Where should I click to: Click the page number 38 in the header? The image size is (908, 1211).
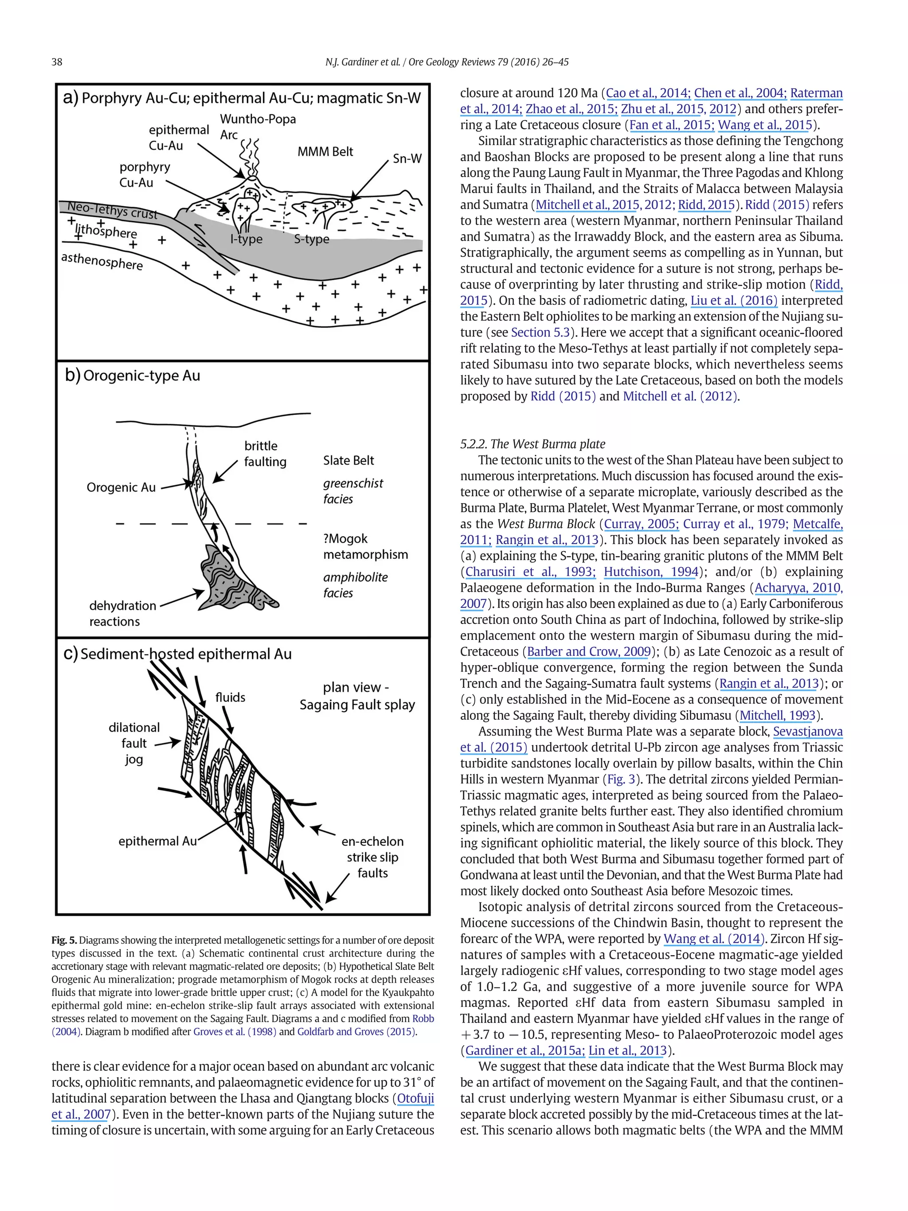(x=57, y=62)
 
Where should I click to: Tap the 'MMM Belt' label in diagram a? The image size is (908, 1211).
(x=325, y=152)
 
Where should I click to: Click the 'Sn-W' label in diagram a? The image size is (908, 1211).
(x=407, y=159)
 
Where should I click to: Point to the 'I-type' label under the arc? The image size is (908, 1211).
(x=247, y=239)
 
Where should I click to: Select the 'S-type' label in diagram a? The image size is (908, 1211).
(x=311, y=239)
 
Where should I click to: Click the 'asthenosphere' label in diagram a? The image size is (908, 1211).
(x=102, y=261)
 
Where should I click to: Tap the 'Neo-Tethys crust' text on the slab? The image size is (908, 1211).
(x=112, y=210)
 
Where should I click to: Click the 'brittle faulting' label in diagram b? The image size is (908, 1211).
(x=264, y=453)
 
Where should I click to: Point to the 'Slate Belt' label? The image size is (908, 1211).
(x=348, y=460)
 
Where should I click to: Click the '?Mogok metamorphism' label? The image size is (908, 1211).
(x=365, y=546)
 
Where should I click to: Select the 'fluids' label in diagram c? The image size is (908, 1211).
(x=230, y=697)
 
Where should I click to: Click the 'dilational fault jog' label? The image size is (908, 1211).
(x=134, y=743)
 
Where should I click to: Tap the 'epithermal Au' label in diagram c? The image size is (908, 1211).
(x=157, y=841)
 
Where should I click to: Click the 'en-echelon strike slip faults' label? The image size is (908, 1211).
(x=372, y=857)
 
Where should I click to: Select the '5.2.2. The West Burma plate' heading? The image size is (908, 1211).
(x=532, y=444)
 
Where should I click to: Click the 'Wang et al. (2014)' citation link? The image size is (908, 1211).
(x=713, y=939)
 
